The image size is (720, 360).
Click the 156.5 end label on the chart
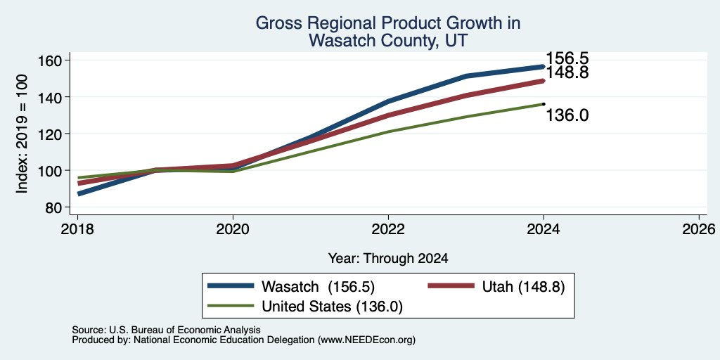[567, 58]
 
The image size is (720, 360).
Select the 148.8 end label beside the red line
[567, 72]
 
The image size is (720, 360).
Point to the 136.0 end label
[567, 115]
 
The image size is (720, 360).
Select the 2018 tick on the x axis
[77, 229]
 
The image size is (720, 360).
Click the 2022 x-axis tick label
[388, 229]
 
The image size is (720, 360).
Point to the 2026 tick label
[699, 229]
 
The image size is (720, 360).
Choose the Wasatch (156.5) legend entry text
[319, 287]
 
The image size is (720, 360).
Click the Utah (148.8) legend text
[523, 287]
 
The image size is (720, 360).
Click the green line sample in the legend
[231, 306]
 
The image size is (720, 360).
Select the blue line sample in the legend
[231, 286]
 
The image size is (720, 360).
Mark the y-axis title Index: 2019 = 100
[22, 134]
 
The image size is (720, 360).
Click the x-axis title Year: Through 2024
[388, 259]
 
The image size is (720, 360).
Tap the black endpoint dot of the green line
[544, 104]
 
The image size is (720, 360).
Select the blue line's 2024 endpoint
[544, 67]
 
